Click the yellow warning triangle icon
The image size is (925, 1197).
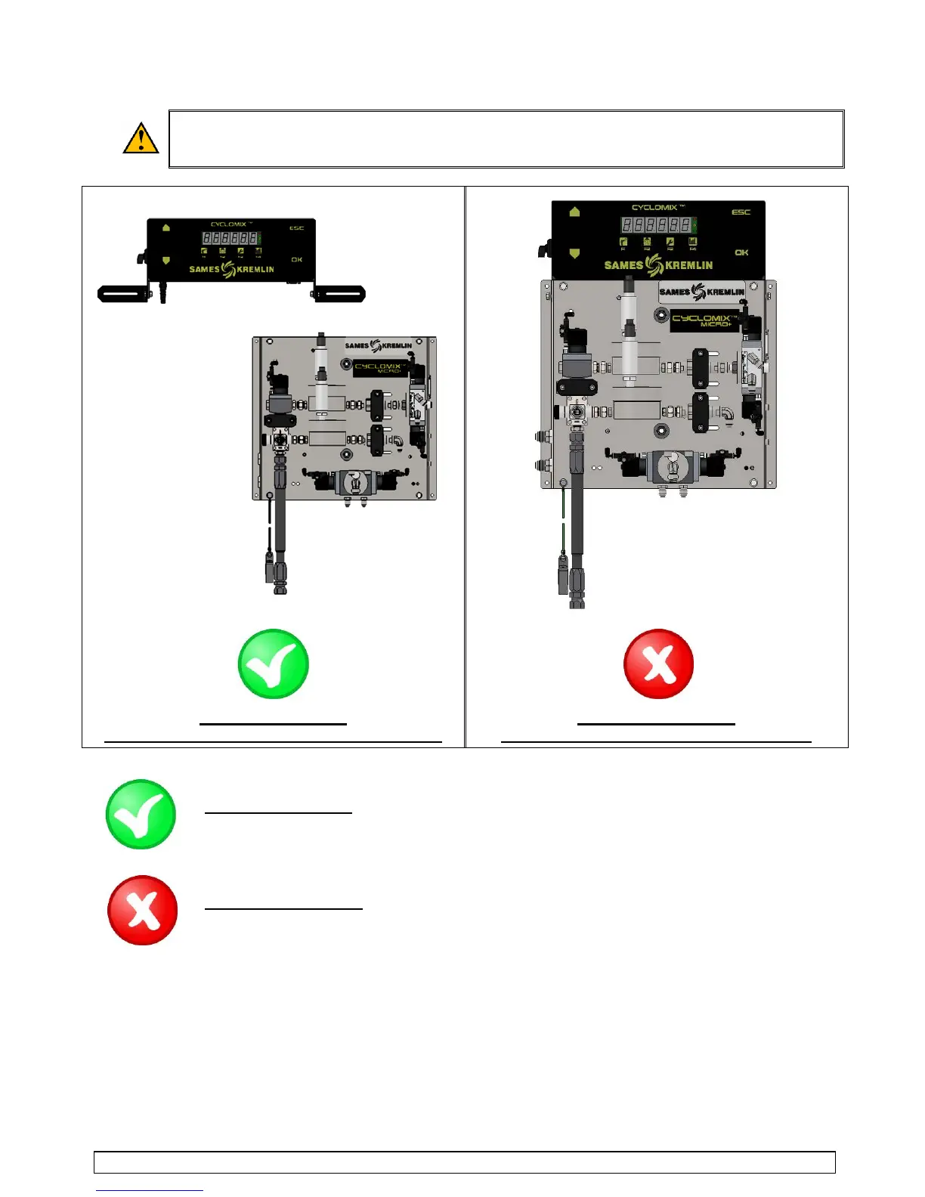pyautogui.click(x=141, y=139)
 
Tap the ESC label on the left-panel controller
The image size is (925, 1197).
pyautogui.click(x=296, y=228)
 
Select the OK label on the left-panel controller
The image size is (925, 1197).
pyautogui.click(x=296, y=260)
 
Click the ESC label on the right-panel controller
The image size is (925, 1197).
pyautogui.click(x=741, y=212)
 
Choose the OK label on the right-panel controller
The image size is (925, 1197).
pyautogui.click(x=741, y=252)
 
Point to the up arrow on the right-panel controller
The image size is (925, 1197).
pyautogui.click(x=574, y=212)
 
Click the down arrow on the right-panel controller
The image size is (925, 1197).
pyautogui.click(x=574, y=253)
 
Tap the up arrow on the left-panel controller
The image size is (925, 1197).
pyautogui.click(x=166, y=227)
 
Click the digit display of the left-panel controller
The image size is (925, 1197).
pyautogui.click(x=230, y=238)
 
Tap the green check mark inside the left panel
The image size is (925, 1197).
pyautogui.click(x=273, y=663)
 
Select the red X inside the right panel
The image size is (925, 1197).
pyautogui.click(x=658, y=663)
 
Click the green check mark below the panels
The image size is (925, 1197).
pyautogui.click(x=141, y=814)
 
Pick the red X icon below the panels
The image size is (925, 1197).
pyautogui.click(x=143, y=910)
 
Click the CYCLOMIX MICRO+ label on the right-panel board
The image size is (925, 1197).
pyautogui.click(x=704, y=320)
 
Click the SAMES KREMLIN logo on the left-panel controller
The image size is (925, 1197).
pyautogui.click(x=231, y=269)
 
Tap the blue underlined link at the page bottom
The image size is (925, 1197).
pyautogui.click(x=150, y=1189)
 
